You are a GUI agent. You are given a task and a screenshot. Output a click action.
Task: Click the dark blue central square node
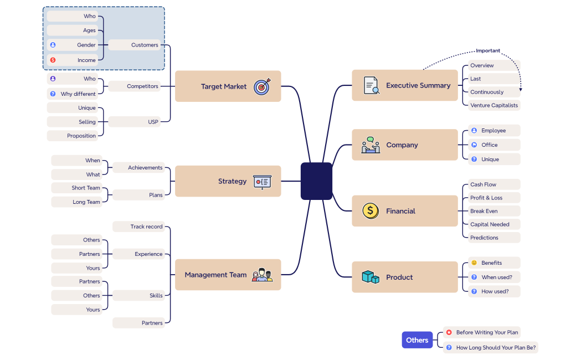point(316,181)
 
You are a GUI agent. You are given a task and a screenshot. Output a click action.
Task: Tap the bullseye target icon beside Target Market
point(262,86)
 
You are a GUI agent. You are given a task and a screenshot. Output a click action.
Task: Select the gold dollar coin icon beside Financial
point(371,211)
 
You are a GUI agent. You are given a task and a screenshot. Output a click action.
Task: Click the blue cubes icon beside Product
point(371,277)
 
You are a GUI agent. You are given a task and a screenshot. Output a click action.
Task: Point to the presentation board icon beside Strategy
point(262,181)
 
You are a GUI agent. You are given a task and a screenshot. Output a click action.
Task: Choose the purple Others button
point(417,340)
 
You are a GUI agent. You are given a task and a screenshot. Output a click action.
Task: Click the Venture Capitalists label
point(493,105)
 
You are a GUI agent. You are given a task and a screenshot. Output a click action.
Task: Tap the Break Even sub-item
point(484,211)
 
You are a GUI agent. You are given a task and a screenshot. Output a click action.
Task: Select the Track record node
point(146,227)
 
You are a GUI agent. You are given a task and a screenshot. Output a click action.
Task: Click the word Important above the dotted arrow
point(488,51)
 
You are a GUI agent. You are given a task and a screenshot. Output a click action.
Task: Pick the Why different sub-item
point(78,94)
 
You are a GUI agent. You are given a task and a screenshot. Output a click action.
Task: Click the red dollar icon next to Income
point(53,60)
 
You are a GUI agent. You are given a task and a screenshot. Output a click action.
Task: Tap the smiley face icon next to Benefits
point(474,263)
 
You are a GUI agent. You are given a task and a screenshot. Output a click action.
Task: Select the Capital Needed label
point(490,224)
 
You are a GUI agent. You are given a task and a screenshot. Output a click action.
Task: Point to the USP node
point(153,122)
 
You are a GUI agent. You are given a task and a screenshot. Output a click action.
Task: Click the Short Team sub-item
point(86,188)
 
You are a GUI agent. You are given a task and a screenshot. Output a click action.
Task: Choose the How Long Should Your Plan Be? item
point(496,348)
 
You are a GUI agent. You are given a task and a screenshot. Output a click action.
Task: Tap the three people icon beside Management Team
point(262,275)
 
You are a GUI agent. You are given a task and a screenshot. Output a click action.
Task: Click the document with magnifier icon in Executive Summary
point(371,85)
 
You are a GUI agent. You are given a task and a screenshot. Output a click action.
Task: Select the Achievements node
point(145,168)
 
